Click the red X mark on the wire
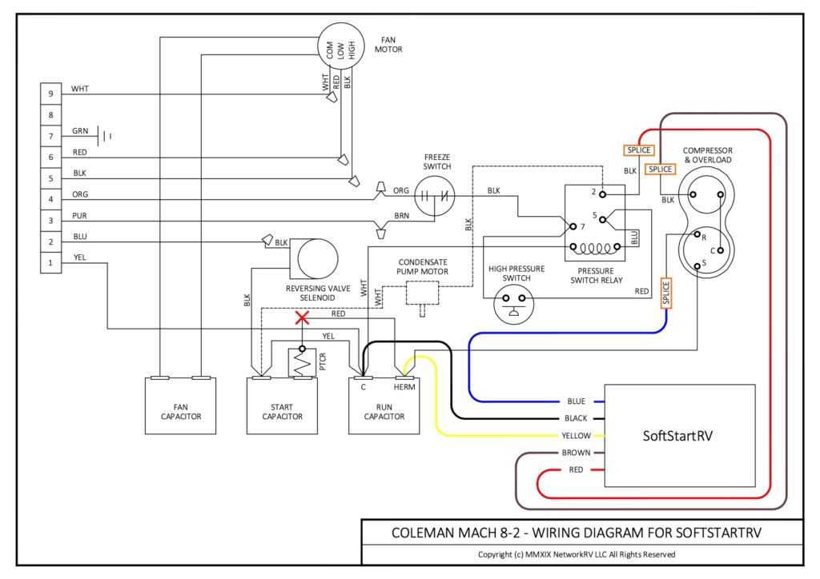click(x=302, y=318)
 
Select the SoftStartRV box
click(x=680, y=436)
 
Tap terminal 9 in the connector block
click(x=50, y=94)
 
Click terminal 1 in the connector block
click(x=50, y=262)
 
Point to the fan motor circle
click(x=340, y=50)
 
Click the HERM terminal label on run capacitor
click(x=405, y=385)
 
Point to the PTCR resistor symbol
click(x=301, y=365)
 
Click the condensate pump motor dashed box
click(x=424, y=293)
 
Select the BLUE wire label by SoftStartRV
click(x=576, y=401)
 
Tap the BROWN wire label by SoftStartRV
click(x=576, y=453)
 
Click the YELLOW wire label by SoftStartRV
click(x=576, y=436)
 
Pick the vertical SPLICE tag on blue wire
click(x=665, y=293)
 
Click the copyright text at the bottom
click(x=577, y=554)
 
